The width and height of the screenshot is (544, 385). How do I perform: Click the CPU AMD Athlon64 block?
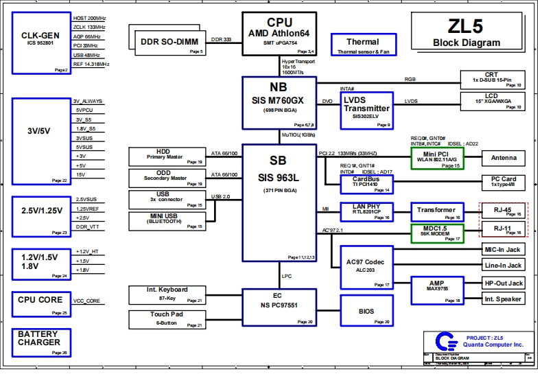(279, 34)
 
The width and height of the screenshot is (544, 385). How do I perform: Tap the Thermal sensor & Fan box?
(362, 45)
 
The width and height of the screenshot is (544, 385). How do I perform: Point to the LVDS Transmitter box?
(366, 109)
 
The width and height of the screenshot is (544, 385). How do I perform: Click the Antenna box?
(503, 158)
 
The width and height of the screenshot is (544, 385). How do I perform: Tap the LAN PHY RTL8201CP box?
(366, 212)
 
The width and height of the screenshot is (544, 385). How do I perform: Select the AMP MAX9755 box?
(437, 288)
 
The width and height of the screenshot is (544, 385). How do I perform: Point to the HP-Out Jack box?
(503, 283)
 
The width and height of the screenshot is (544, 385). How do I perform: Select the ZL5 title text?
(466, 27)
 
